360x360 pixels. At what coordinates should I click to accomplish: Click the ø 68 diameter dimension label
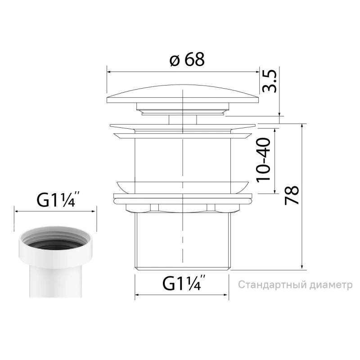pos(187,59)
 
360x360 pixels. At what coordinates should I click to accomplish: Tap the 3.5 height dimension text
pos(269,81)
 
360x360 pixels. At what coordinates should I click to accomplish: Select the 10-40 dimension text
pos(264,160)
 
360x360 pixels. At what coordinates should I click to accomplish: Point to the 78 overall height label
pos(292,195)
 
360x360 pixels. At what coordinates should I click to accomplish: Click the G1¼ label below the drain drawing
pos(184,283)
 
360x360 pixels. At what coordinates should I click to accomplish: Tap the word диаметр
pos(331,285)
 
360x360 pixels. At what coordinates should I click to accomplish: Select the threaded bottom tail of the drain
pos(182,242)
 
